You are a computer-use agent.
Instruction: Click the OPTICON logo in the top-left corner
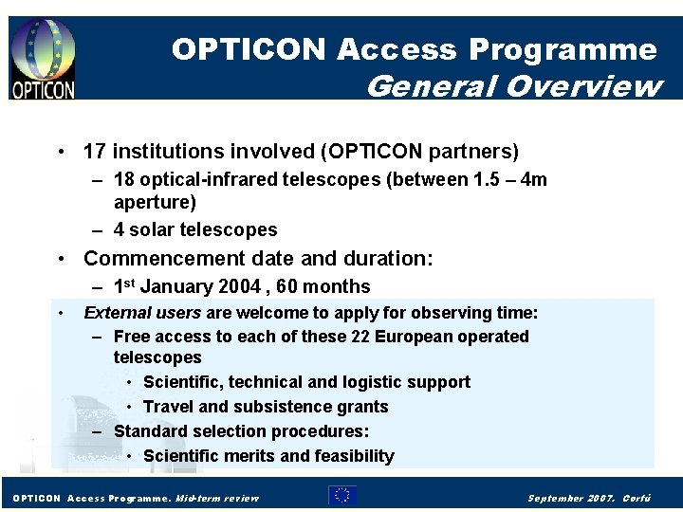pyautogui.click(x=43, y=59)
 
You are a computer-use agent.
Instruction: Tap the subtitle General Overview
pyautogui.click(x=513, y=86)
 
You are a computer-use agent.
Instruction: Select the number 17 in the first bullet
pyautogui.click(x=94, y=152)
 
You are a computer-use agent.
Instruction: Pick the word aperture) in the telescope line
pyautogui.click(x=155, y=202)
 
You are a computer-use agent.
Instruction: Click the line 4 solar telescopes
pyautogui.click(x=195, y=229)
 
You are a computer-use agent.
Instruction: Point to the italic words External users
pyautogui.click(x=142, y=313)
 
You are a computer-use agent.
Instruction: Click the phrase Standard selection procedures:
pyautogui.click(x=241, y=431)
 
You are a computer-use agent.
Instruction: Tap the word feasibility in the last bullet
pyautogui.click(x=353, y=456)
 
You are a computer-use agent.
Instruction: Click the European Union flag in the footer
pyautogui.click(x=342, y=495)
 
